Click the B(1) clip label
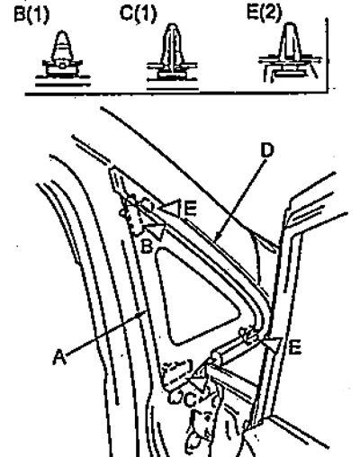pyautogui.click(x=31, y=15)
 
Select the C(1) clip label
pyautogui.click(x=138, y=13)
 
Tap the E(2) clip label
pyautogui.click(x=265, y=13)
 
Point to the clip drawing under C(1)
pyautogui.click(x=172, y=57)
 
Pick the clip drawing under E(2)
pyautogui.click(x=290, y=52)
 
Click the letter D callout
pyautogui.click(x=267, y=151)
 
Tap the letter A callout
pyautogui.click(x=59, y=357)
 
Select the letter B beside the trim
pyautogui.click(x=147, y=246)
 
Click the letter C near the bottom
pyautogui.click(x=190, y=400)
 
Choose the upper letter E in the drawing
pyautogui.click(x=190, y=209)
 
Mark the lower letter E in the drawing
pyautogui.click(x=295, y=348)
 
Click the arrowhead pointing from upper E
pyautogui.click(x=170, y=208)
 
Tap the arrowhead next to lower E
pyautogui.click(x=274, y=344)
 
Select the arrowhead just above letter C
pyautogui.click(x=198, y=381)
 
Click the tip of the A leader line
pyautogui.click(x=146, y=312)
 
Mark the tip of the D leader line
pyautogui.click(x=215, y=240)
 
